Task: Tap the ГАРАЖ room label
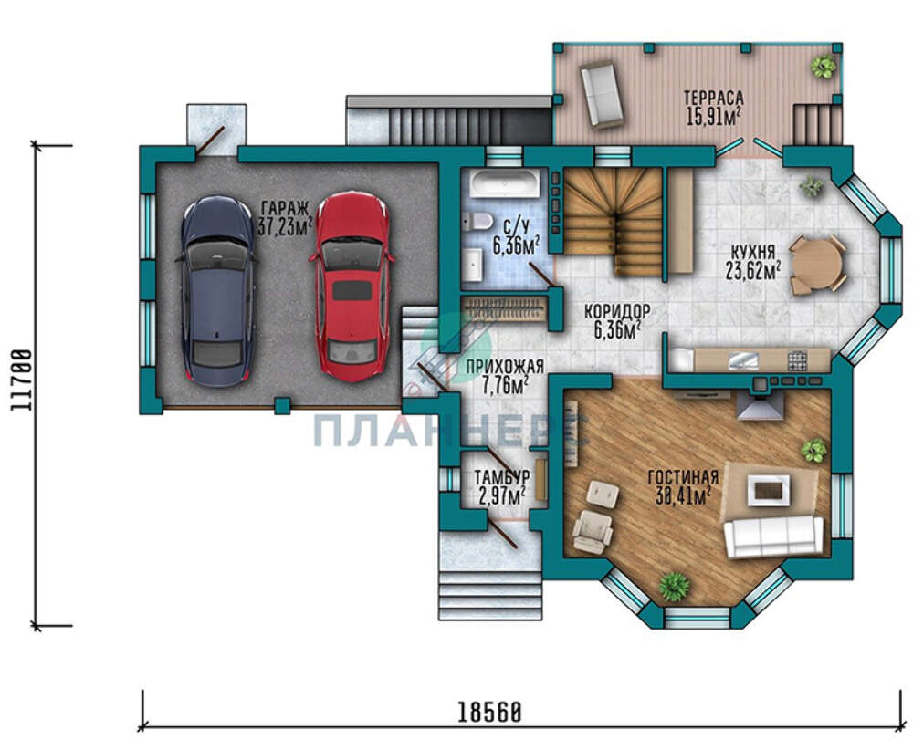click(x=285, y=208)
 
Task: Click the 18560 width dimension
click(x=488, y=712)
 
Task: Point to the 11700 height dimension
click(x=22, y=380)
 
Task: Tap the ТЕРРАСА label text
click(x=713, y=97)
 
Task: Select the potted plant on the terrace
click(x=824, y=67)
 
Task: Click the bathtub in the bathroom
click(x=506, y=183)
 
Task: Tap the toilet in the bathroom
click(x=477, y=221)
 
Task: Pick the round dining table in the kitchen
click(x=816, y=265)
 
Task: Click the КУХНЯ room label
click(x=753, y=252)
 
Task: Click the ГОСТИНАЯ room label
click(x=683, y=478)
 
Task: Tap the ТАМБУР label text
click(x=502, y=477)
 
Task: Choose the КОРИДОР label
click(x=617, y=311)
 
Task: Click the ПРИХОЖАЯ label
click(x=505, y=367)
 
